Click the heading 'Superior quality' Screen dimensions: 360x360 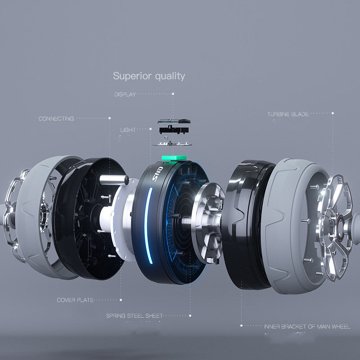pos(149,76)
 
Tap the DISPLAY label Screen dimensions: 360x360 pos(125,94)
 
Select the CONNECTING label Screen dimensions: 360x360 pos(56,119)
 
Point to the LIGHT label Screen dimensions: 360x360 pos(128,130)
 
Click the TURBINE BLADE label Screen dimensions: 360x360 pos(288,114)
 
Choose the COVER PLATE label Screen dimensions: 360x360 pos(75,300)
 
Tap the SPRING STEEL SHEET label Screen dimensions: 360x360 pos(134,316)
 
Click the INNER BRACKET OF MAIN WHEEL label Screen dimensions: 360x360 pos(307,327)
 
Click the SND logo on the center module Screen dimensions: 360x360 pos(158,174)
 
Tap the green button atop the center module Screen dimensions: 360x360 pos(174,158)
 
